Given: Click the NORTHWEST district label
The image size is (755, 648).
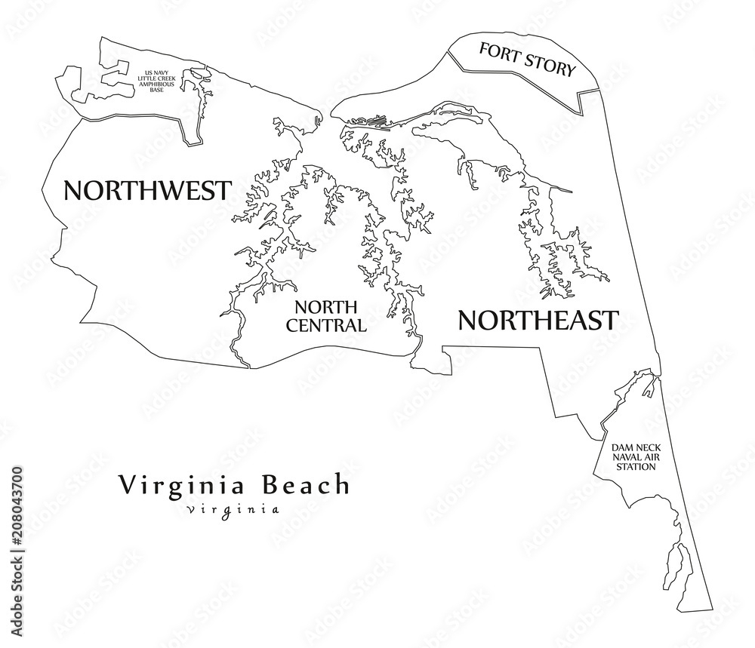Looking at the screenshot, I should [146, 190].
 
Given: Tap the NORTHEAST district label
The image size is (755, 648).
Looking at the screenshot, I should [538, 321].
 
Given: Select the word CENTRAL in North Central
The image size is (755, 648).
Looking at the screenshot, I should [330, 326].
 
